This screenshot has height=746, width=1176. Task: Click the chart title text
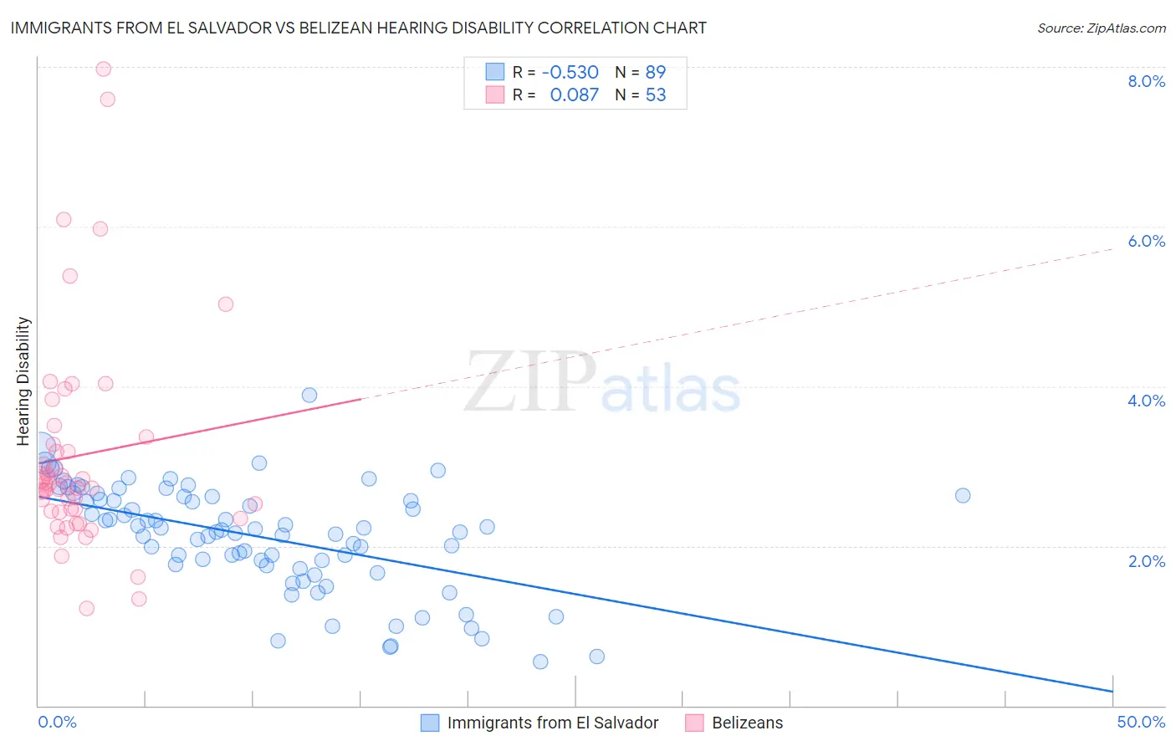click(358, 28)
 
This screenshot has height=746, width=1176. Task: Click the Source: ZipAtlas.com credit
click(1101, 28)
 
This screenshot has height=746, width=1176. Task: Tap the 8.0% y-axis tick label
click(1146, 81)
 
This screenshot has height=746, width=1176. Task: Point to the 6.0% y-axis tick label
click(1146, 241)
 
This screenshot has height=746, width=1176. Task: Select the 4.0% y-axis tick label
click(1146, 401)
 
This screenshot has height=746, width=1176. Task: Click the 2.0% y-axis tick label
click(1146, 561)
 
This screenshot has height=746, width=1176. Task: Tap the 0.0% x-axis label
click(57, 722)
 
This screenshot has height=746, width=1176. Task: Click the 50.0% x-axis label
click(1141, 722)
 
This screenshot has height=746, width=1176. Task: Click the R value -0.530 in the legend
click(570, 72)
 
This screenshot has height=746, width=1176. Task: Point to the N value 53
click(656, 95)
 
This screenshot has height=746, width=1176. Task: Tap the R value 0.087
click(574, 95)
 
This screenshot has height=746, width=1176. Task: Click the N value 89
click(656, 72)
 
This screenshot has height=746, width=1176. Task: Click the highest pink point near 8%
click(104, 69)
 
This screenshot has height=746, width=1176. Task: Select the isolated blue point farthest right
click(963, 495)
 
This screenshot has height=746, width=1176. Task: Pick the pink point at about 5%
click(225, 304)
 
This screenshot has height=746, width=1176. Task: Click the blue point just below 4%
click(309, 395)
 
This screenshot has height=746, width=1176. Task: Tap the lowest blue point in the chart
click(540, 662)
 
